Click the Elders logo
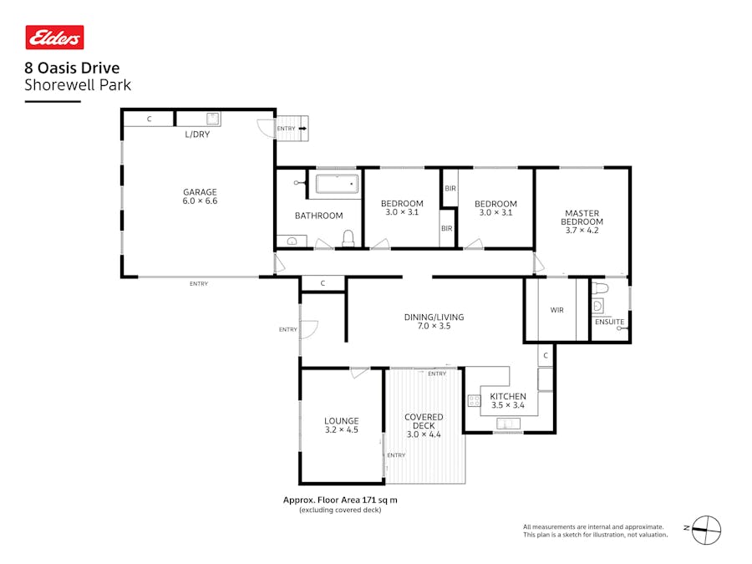(x=54, y=38)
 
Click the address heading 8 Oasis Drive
(x=72, y=69)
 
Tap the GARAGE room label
(x=200, y=192)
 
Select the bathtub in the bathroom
(x=337, y=184)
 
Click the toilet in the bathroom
(x=348, y=239)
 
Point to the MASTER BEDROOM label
(x=582, y=221)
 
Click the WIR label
(x=556, y=310)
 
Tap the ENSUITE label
(x=609, y=322)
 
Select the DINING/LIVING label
(x=434, y=317)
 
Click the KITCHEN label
(x=507, y=396)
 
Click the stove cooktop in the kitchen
(x=475, y=401)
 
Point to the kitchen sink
(x=507, y=424)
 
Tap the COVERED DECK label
(x=424, y=421)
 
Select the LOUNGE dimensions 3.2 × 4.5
(x=341, y=430)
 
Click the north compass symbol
(x=707, y=529)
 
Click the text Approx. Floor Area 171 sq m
(x=340, y=500)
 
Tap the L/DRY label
(x=197, y=134)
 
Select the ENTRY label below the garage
(x=198, y=284)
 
